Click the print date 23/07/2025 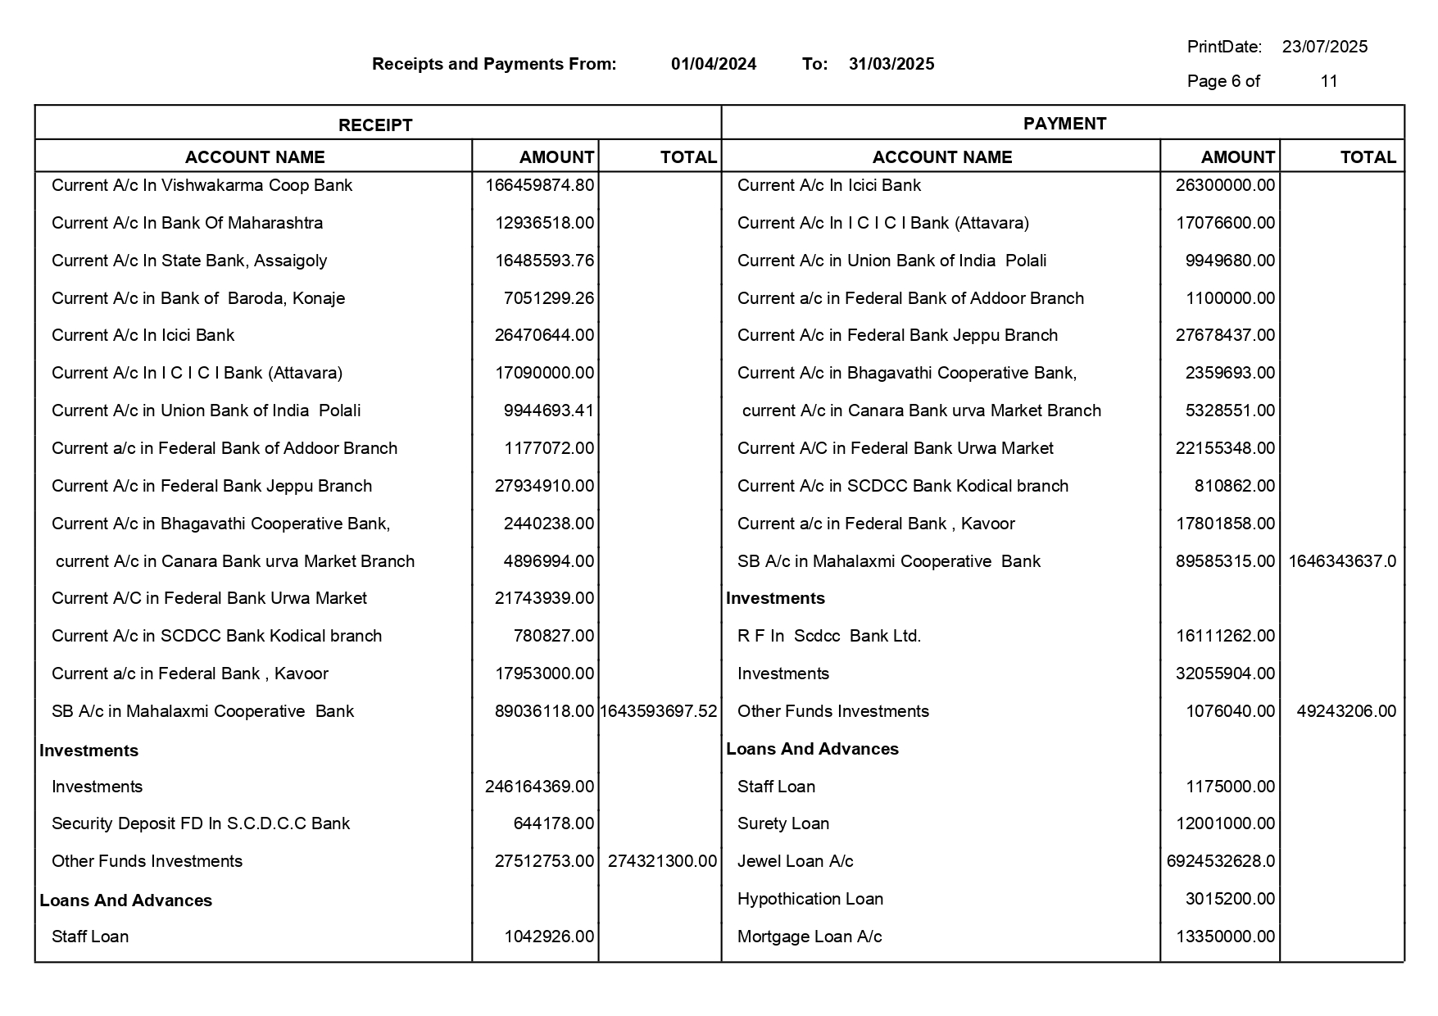coord(1324,47)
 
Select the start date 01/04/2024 coord(713,64)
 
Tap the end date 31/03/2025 coord(891,64)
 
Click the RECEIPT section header coord(375,125)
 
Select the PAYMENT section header coord(1064,124)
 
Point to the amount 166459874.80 coord(539,185)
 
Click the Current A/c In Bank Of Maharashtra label coord(187,223)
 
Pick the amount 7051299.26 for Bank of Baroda coord(548,298)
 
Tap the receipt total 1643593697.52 coord(658,711)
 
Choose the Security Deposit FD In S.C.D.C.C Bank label coord(201,823)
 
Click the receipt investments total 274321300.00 coord(662,861)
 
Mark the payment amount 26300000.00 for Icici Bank coord(1225,185)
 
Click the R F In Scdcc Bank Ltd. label coord(828,636)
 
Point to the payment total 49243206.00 coord(1345,711)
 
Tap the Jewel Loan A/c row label coord(795,861)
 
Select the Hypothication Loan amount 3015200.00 coord(1229,899)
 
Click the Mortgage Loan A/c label coord(809,937)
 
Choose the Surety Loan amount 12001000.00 coord(1225,823)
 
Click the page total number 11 coord(1328,81)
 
